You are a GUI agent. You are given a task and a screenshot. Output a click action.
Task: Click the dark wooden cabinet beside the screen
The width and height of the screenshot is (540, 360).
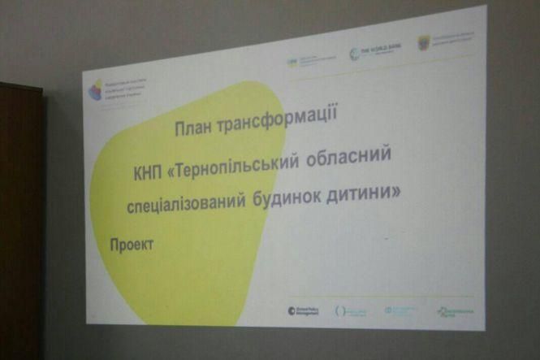20,219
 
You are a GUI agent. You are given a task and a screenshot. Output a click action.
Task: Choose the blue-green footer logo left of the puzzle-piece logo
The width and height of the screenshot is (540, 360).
400,310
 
